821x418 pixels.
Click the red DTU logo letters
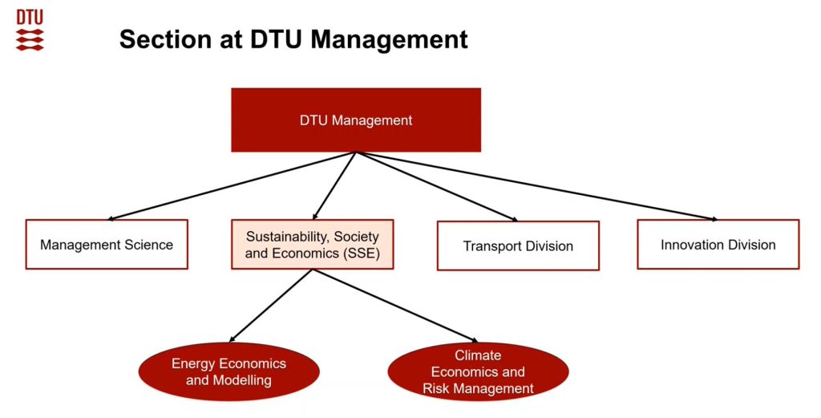(x=30, y=17)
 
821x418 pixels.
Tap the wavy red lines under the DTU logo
(x=30, y=39)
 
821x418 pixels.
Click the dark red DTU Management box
(x=356, y=120)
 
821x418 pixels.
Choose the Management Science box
(x=107, y=245)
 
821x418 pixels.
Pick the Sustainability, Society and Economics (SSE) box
(x=312, y=245)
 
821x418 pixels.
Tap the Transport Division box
(x=518, y=246)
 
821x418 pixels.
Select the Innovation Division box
(x=718, y=245)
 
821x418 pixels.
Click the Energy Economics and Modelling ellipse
(x=229, y=371)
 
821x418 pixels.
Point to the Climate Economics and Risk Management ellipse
(x=478, y=371)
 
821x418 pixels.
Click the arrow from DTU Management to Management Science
(x=233, y=185)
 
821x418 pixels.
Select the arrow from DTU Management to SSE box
(x=335, y=185)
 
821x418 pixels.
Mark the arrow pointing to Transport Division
(x=437, y=185)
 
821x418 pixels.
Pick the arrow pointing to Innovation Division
(x=537, y=185)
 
